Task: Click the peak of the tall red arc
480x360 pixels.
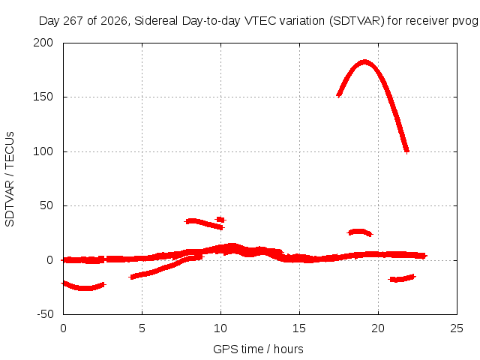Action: (364, 62)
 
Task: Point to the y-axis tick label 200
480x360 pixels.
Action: (43, 43)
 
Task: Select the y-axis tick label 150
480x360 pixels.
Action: (43, 97)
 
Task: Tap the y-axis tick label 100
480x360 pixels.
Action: (43, 151)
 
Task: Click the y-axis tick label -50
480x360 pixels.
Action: (45, 314)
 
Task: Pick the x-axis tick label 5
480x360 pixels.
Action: (142, 328)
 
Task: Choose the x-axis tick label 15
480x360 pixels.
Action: (299, 328)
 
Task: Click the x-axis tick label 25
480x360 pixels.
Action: (457, 328)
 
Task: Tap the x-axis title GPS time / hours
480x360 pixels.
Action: (258, 349)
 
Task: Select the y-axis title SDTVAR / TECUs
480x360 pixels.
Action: (10, 179)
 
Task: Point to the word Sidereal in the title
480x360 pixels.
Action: (156, 21)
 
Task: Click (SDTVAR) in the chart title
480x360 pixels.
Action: (357, 21)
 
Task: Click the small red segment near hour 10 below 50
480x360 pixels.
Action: (220, 220)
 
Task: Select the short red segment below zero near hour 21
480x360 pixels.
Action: (402, 278)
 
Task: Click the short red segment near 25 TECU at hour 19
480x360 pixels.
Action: (360, 232)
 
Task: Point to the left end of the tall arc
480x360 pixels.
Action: (338, 95)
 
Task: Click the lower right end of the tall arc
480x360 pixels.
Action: (406, 151)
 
